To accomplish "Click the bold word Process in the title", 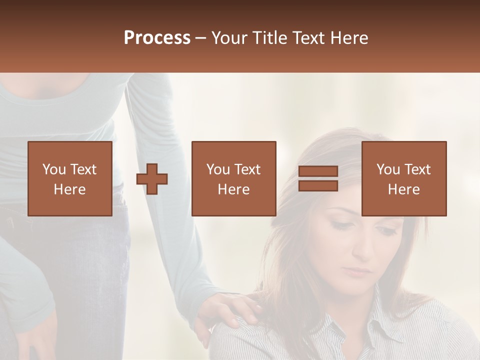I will [x=157, y=38].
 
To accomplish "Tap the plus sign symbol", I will [x=152, y=179].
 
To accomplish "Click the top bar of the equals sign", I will [x=318, y=171].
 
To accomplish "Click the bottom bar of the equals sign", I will [x=318, y=185].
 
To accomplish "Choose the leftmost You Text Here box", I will [x=69, y=178].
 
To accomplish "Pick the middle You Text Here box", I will [x=233, y=178].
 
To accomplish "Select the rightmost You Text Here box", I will [x=403, y=178].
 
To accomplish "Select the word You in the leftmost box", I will [x=53, y=169].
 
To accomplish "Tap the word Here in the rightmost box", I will [x=403, y=189].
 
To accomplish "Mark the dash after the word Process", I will [x=201, y=38].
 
